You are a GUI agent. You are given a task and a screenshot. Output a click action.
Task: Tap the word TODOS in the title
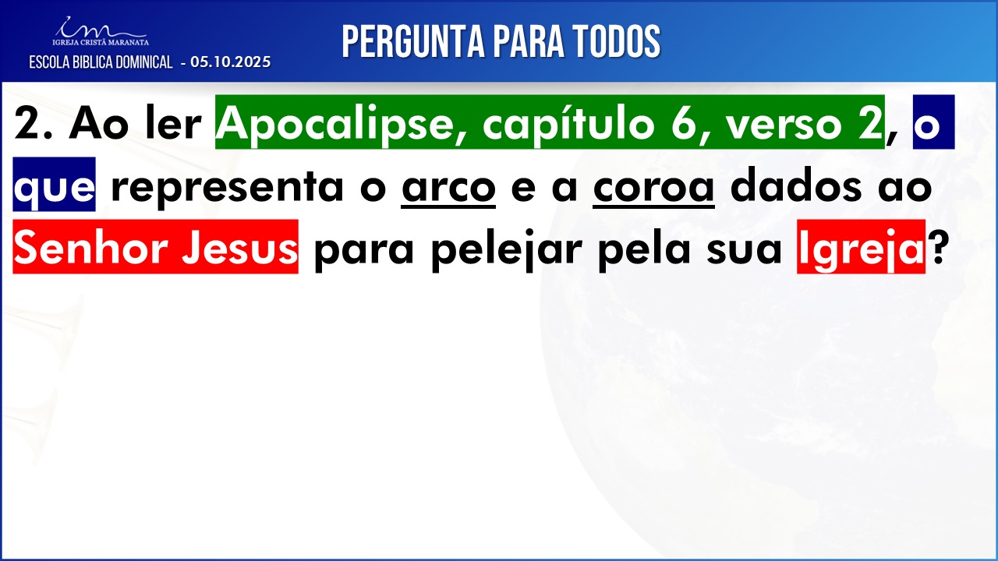(617, 41)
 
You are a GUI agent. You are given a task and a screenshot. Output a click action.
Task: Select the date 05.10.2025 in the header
(230, 62)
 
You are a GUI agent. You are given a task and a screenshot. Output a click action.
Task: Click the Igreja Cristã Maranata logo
(101, 31)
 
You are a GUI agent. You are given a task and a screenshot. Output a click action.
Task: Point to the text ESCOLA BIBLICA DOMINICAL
(101, 62)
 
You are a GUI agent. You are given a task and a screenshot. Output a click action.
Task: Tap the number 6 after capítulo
(684, 124)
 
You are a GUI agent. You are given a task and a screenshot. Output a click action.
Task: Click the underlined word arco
(448, 188)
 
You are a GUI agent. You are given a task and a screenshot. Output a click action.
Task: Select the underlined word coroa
(654, 188)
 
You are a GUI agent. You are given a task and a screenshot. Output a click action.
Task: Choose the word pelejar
(507, 251)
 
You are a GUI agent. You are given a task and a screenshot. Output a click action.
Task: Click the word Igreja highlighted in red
(862, 251)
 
